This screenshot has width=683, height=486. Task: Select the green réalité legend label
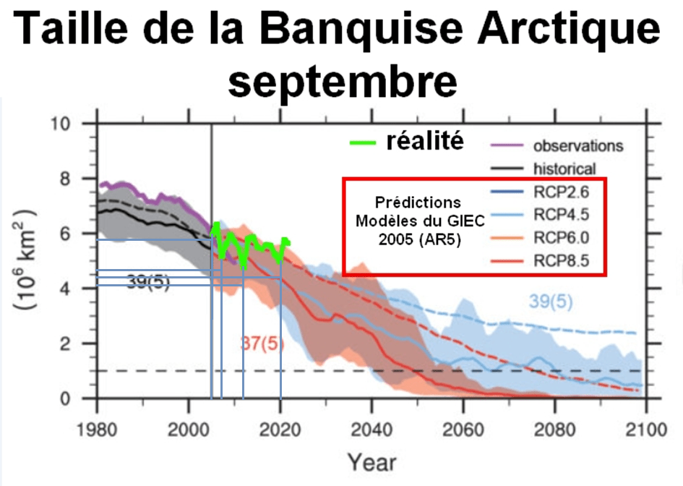click(425, 140)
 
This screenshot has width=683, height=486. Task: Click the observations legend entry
click(577, 145)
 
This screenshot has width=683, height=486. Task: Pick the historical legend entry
click(564, 169)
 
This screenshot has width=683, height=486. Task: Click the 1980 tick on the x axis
click(97, 428)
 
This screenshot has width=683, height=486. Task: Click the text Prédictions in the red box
click(419, 202)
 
